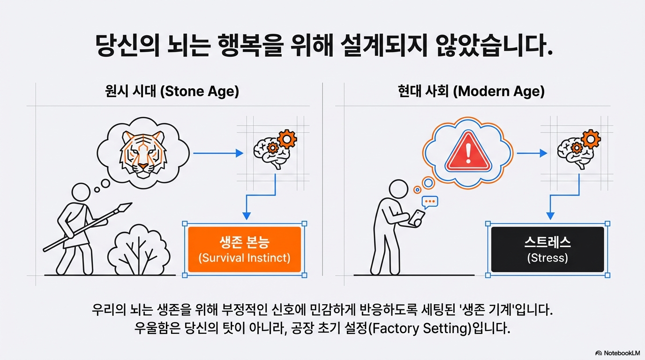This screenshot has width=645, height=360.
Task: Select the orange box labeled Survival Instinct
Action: (244, 249)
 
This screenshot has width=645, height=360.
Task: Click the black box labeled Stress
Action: (547, 249)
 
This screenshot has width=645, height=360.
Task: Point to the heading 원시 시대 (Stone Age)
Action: (172, 91)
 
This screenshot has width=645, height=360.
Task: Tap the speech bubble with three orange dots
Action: (430, 202)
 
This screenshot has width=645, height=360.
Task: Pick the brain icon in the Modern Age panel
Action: (571, 151)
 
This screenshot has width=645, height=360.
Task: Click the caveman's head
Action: (81, 192)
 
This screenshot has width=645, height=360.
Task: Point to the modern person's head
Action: (399, 189)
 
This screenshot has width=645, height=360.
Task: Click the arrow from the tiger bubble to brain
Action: (218, 153)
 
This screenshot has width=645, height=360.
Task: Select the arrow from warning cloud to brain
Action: (532, 153)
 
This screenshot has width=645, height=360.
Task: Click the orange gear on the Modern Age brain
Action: (590, 139)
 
